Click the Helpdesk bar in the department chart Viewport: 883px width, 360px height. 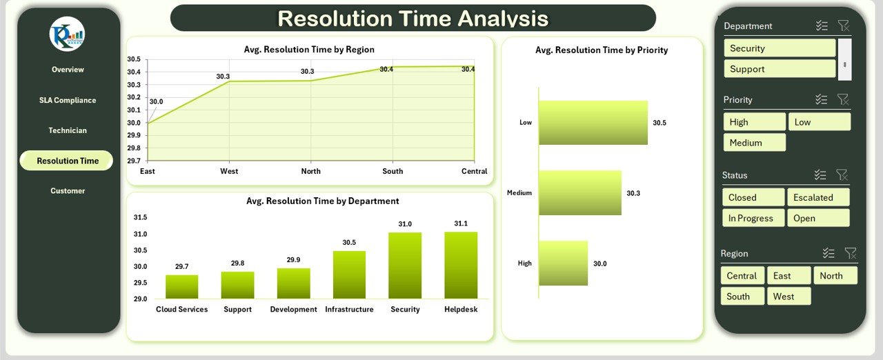point(461,265)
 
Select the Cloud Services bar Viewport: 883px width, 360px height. point(181,287)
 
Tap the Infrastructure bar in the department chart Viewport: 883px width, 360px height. point(349,274)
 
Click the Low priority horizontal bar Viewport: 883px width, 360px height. point(593,123)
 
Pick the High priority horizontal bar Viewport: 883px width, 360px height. point(564,263)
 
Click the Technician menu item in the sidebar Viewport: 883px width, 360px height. point(68,130)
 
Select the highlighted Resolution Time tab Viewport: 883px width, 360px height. point(67,161)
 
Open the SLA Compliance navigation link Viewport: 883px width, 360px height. point(68,100)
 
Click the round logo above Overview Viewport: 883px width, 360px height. point(67,34)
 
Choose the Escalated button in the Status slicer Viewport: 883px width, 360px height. point(818,197)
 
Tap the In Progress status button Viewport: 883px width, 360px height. point(753,218)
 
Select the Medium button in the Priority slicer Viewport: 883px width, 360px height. point(755,143)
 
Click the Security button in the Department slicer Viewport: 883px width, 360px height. point(780,48)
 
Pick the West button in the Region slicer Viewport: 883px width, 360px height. point(788,296)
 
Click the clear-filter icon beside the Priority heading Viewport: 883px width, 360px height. point(843,99)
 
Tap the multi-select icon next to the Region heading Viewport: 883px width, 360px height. point(829,253)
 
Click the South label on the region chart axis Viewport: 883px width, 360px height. point(393,171)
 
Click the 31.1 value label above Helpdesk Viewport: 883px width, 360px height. point(461,223)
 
